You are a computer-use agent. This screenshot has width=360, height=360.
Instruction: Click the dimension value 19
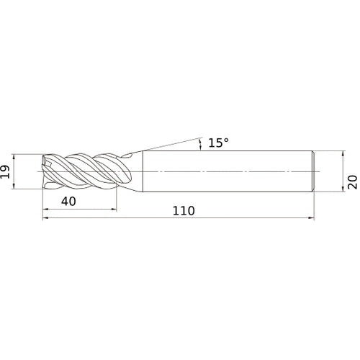[x=5, y=171]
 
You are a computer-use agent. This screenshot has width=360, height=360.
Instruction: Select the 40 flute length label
[x=68, y=201]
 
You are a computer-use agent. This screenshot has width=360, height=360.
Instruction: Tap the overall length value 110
[x=184, y=211]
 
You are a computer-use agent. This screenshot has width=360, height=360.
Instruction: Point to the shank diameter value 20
[x=352, y=182]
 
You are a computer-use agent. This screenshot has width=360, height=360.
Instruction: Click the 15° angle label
[x=218, y=143]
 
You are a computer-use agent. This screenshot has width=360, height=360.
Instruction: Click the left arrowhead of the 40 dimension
[x=45, y=210]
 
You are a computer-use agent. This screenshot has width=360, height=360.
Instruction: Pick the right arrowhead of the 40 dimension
[x=114, y=210]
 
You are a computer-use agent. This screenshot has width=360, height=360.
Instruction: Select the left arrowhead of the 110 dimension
[x=45, y=218]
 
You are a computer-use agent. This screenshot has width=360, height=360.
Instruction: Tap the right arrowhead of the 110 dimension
[x=311, y=218]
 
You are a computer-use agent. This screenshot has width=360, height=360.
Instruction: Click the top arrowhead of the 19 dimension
[x=14, y=157]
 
